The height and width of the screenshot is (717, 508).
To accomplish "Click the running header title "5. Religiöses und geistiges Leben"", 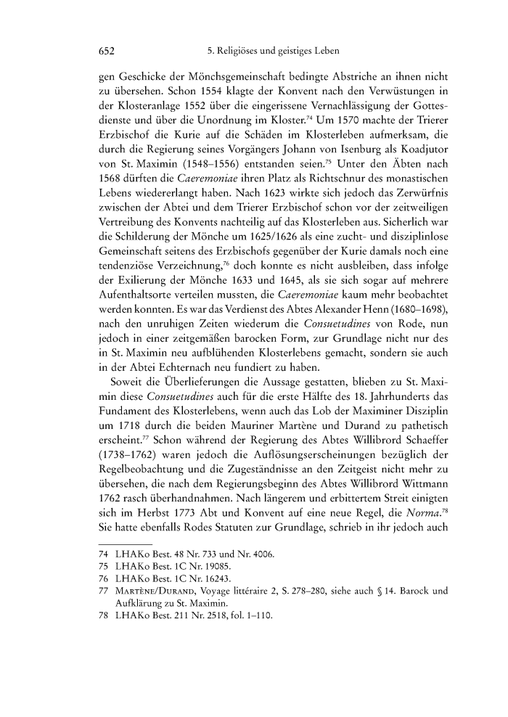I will (269, 52).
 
